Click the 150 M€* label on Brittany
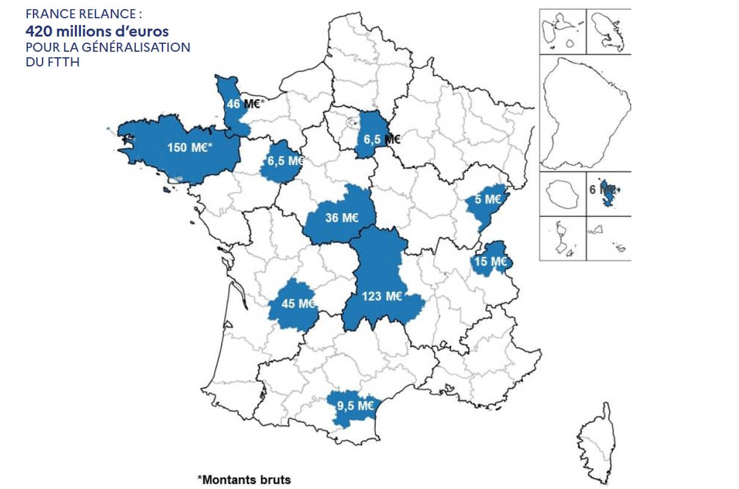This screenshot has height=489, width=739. (x=189, y=147)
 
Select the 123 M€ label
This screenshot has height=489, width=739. (x=382, y=297)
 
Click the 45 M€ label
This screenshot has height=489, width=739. (x=298, y=303)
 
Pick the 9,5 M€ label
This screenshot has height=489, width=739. (x=355, y=404)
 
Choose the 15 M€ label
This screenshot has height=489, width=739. (x=491, y=262)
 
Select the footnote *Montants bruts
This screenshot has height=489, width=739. (x=243, y=479)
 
